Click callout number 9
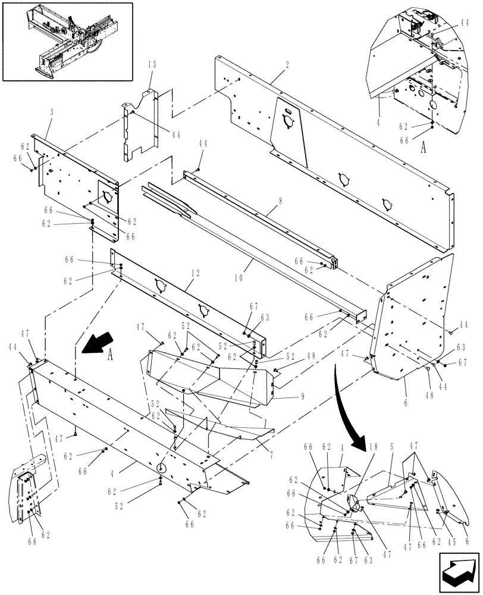click(303, 396)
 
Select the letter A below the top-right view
click(424, 149)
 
